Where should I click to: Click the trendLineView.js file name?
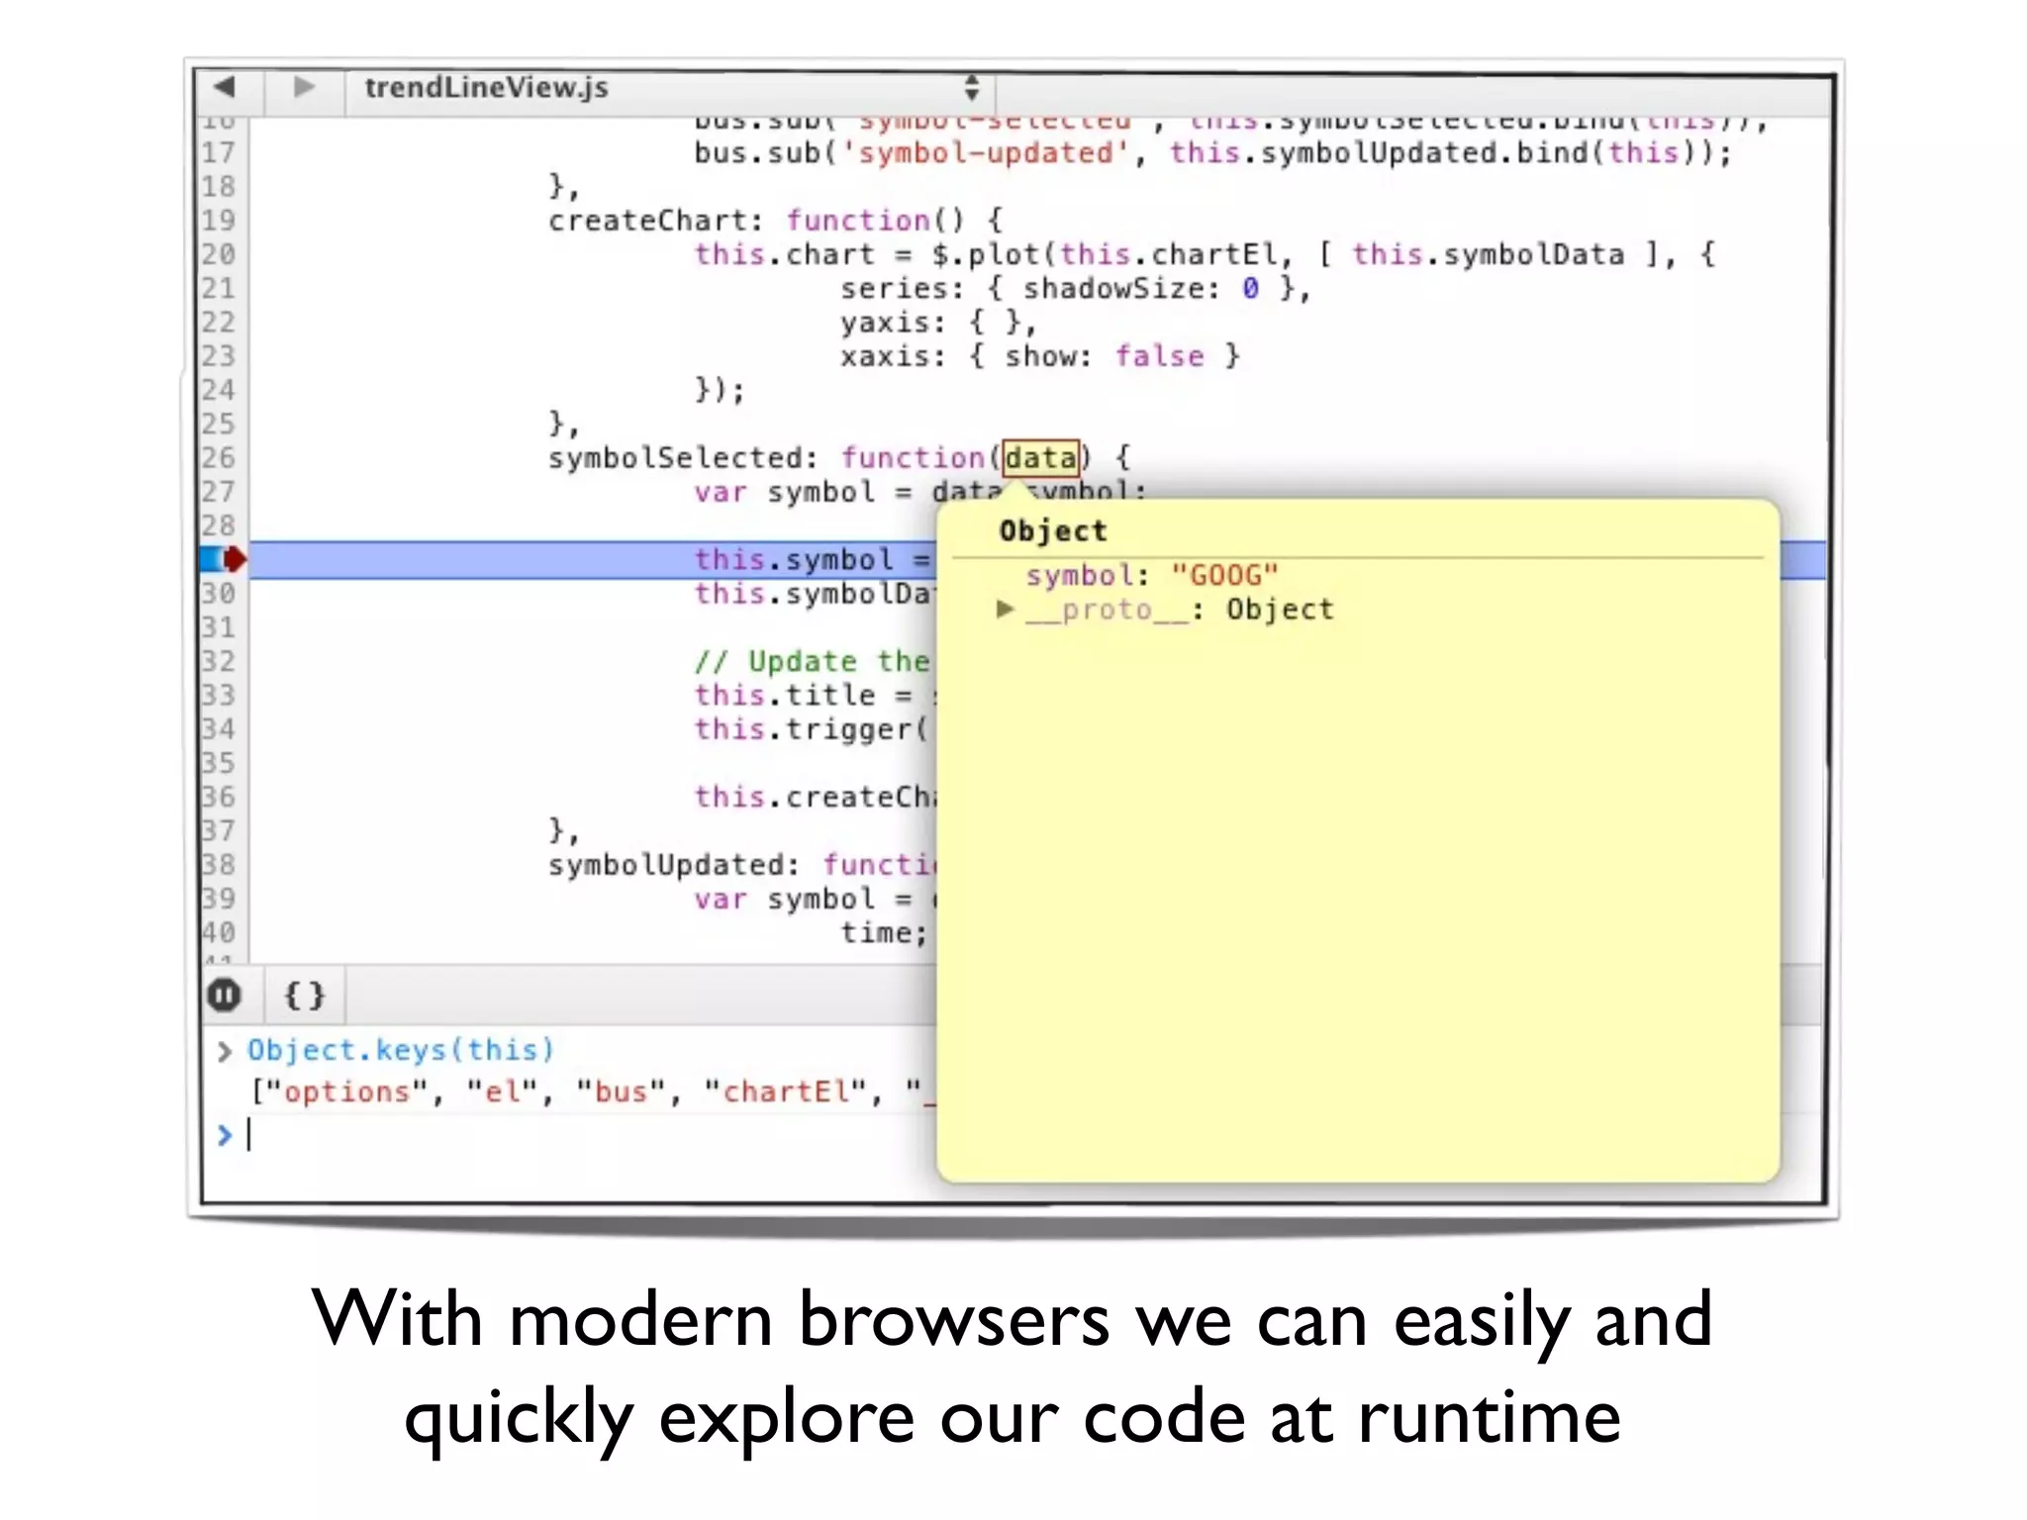pyautogui.click(x=486, y=88)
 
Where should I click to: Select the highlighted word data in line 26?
pyautogui.click(x=1040, y=458)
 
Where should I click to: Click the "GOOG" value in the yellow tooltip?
pyautogui.click(x=1224, y=575)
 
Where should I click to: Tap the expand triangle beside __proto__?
pyautogui.click(x=1005, y=609)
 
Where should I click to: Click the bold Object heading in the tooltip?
pyautogui.click(x=1052, y=531)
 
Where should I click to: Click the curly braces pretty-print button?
pyautogui.click(x=304, y=995)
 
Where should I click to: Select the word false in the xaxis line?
pyautogui.click(x=1159, y=356)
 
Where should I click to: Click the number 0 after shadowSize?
pyautogui.click(x=1250, y=288)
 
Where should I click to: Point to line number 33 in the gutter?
pyautogui.click(x=219, y=695)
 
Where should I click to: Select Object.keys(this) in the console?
pyautogui.click(x=400, y=1050)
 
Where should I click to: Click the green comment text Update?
pyautogui.click(x=802, y=661)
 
